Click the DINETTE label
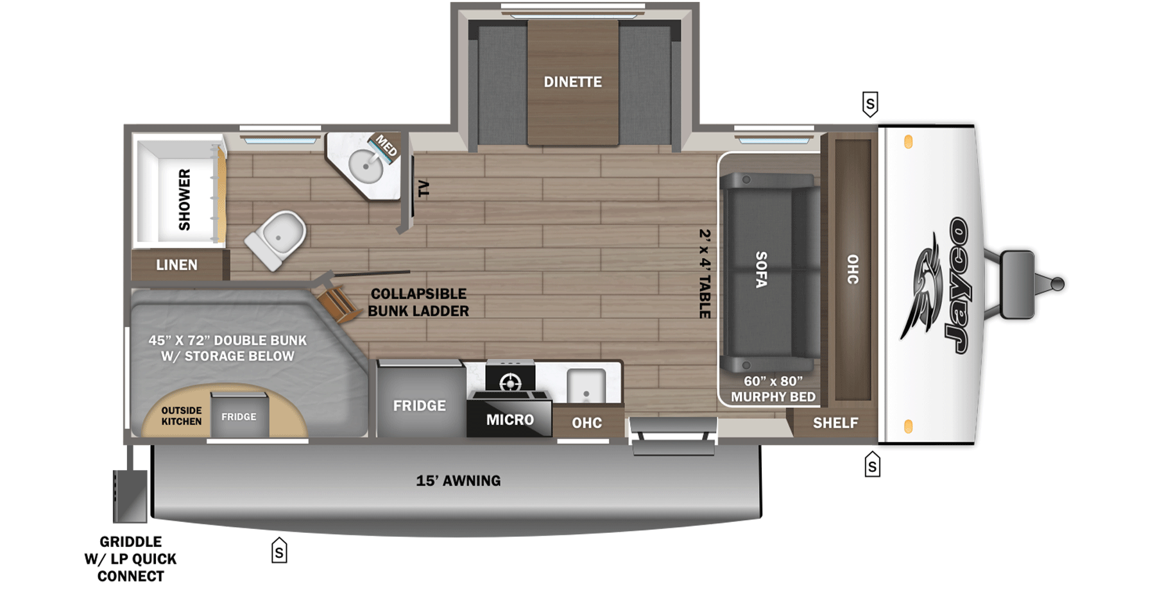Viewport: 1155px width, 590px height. (572, 82)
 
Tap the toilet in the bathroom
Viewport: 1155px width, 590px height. (277, 239)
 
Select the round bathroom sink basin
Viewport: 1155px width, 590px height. (366, 165)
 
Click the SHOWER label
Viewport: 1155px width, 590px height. (185, 199)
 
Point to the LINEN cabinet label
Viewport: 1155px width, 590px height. (176, 265)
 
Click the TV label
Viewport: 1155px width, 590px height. (424, 189)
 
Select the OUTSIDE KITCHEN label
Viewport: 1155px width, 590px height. (181, 416)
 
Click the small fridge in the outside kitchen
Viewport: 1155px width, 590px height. (239, 416)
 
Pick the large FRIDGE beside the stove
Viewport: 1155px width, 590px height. (419, 405)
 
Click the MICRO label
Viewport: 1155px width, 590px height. (509, 419)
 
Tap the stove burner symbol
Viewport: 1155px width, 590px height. (510, 383)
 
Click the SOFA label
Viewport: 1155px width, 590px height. (761, 269)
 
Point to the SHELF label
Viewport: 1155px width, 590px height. (835, 423)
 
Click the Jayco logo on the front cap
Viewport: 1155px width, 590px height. (940, 285)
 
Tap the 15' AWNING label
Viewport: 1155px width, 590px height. (458, 480)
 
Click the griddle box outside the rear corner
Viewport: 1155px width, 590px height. (130, 496)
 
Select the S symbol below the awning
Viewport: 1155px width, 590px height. (279, 551)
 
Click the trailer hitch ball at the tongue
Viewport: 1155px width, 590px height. (1057, 283)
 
